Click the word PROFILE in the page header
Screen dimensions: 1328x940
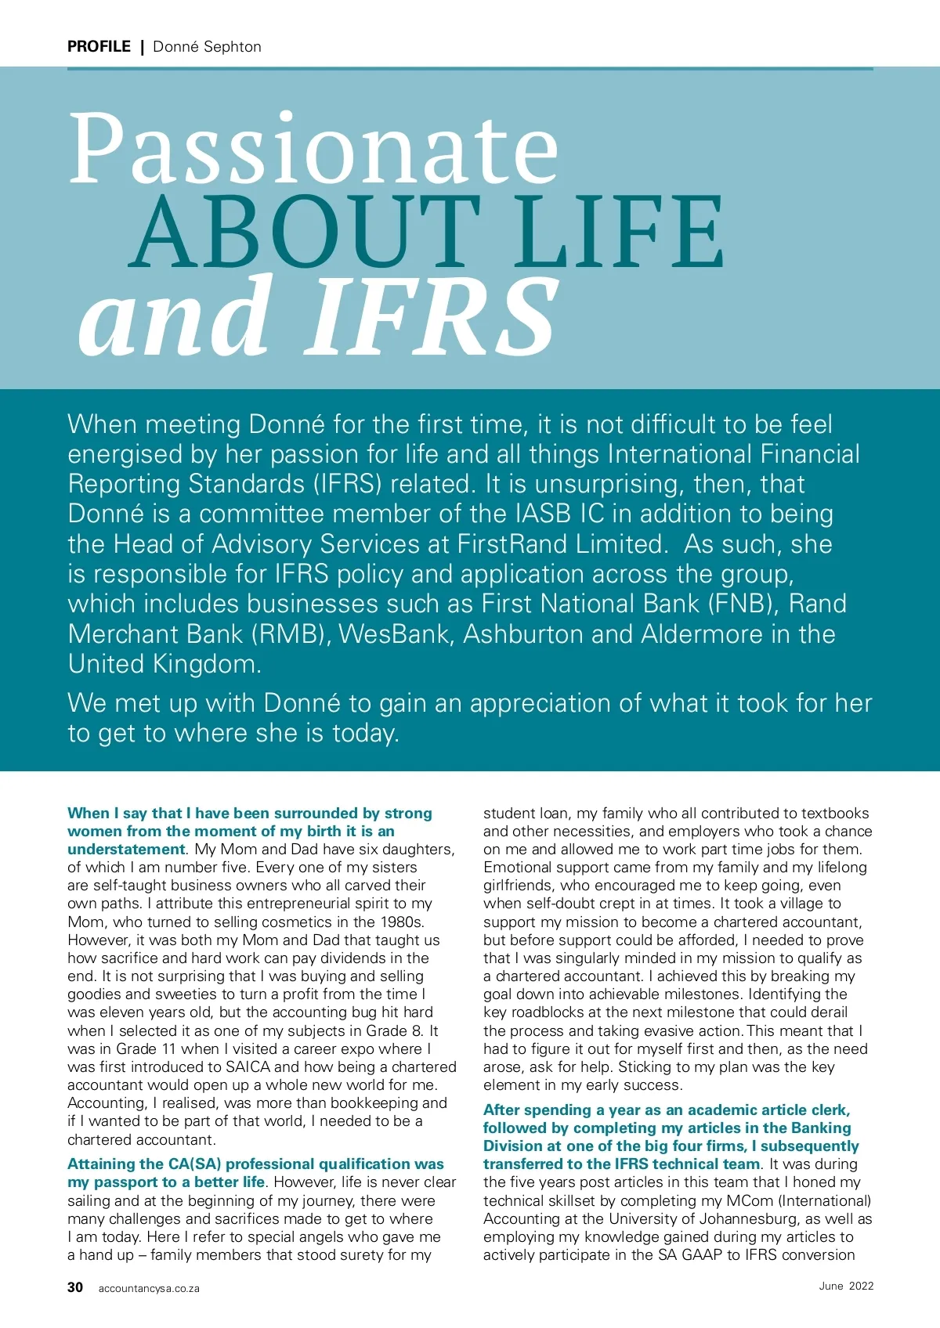tap(99, 46)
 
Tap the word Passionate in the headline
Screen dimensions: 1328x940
tap(313, 149)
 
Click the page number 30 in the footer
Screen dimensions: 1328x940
tap(75, 1287)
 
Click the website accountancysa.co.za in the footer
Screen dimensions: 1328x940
tap(149, 1288)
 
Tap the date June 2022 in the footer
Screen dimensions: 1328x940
tap(846, 1286)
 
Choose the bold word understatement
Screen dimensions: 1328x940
tap(126, 850)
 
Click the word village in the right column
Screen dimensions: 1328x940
tap(787, 904)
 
